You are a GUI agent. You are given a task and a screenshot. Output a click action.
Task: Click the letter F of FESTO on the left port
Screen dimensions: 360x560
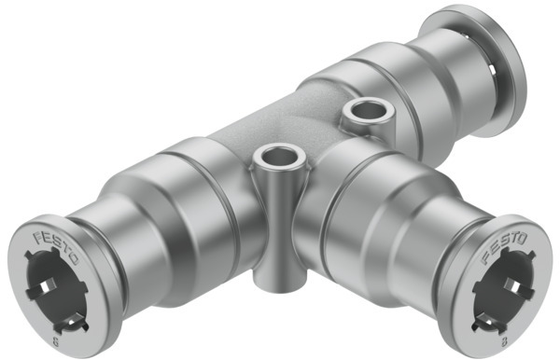pos(39,235)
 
